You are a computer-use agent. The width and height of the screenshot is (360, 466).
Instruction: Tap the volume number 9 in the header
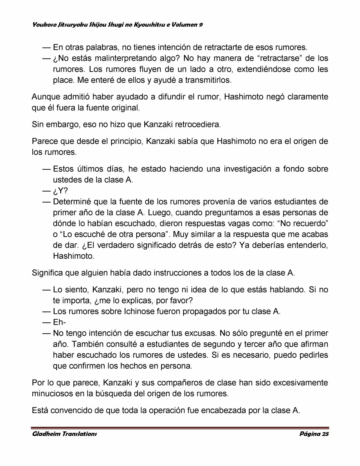point(201,25)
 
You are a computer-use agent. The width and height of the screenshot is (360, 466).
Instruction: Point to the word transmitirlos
point(208,80)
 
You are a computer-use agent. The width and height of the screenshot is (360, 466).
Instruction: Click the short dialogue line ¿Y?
point(60,191)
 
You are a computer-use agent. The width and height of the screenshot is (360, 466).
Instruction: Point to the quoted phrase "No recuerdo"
point(303,223)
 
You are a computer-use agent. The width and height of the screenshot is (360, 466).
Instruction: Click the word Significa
point(47,273)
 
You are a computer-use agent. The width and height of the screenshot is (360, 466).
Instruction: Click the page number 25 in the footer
point(325,434)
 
